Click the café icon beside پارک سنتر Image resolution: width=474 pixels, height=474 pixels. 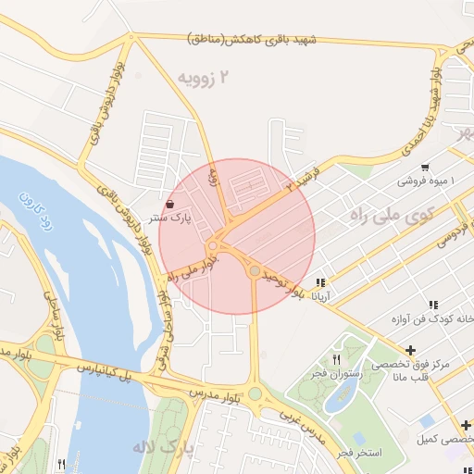tap(171, 204)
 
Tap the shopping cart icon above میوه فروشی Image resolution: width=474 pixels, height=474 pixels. tap(424, 168)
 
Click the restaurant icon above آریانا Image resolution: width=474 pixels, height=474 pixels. tap(320, 282)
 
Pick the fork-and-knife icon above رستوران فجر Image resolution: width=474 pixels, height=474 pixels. tap(337, 359)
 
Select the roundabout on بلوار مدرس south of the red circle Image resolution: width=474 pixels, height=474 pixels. tap(255, 393)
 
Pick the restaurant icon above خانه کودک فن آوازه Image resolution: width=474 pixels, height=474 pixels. tap(433, 305)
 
